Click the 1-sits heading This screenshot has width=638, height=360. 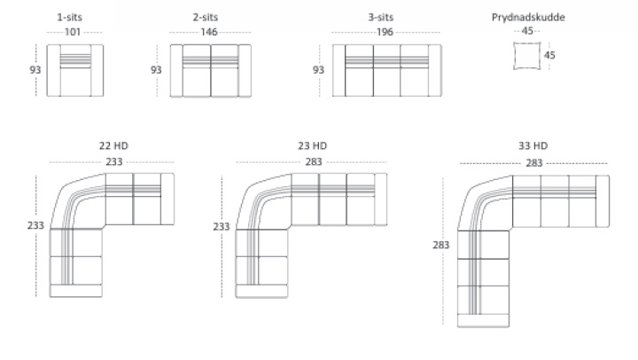point(70,17)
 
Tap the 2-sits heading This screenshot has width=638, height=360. point(206,17)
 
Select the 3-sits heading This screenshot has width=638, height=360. point(381,17)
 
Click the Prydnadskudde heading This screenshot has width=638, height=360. point(528,17)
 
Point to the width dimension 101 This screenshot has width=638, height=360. point(73,32)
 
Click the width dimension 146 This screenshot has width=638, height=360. point(209,32)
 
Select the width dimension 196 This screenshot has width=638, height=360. point(385,32)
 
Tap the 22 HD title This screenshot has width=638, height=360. point(113,145)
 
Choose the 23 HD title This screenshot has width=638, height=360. point(313,145)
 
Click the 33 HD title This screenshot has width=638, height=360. point(533,145)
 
